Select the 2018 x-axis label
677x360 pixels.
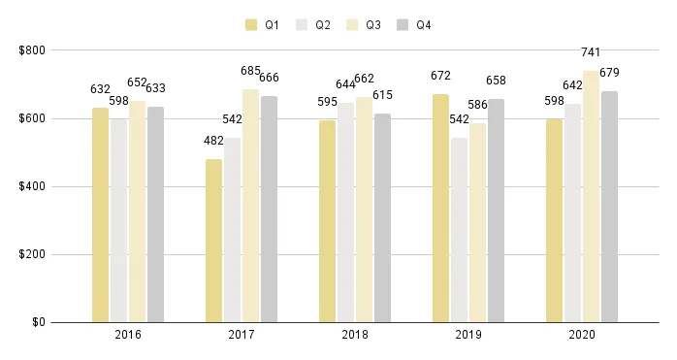354,335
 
